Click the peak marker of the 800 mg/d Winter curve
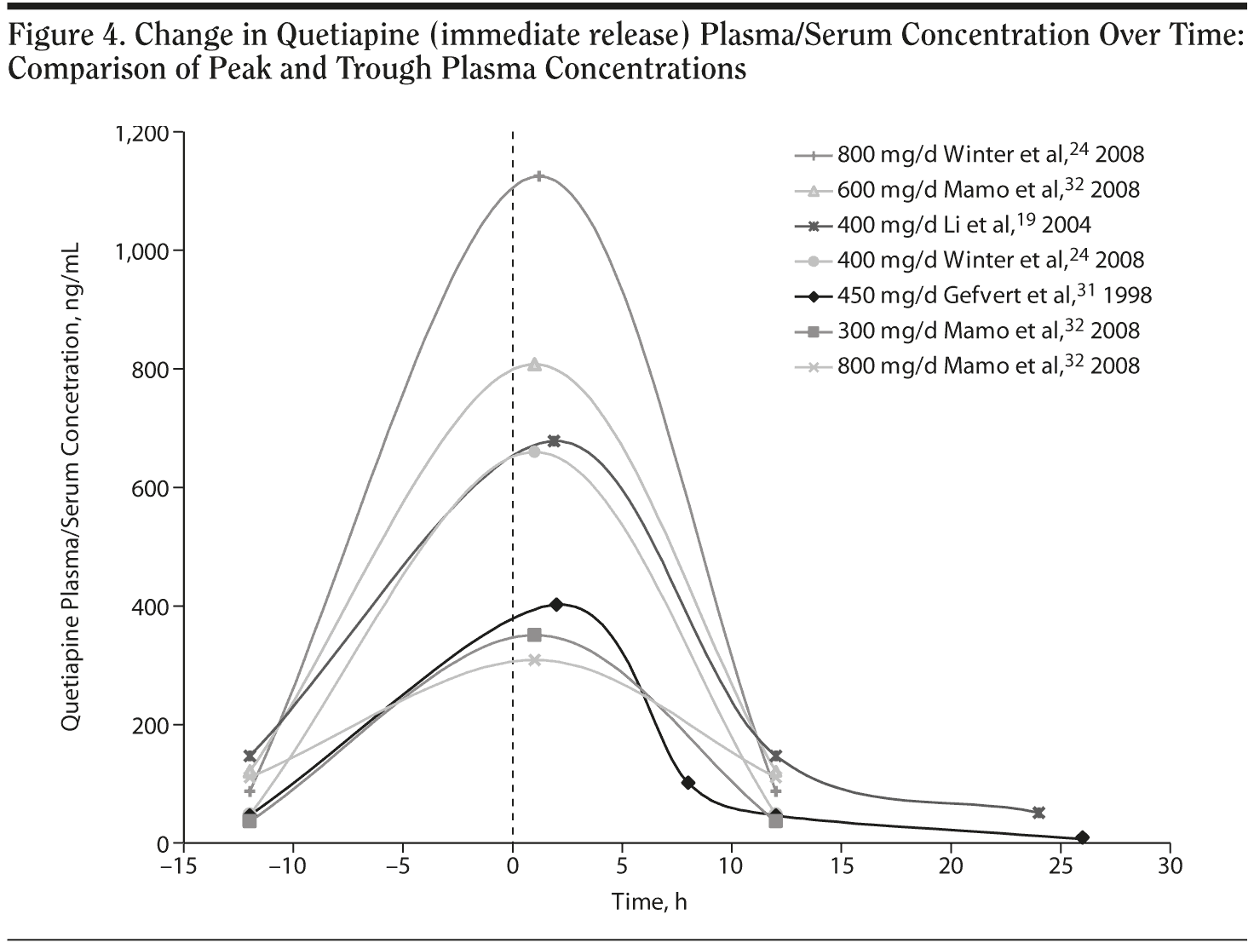[x=538, y=176]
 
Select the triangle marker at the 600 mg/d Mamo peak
[x=534, y=365]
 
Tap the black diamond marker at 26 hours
[x=1082, y=837]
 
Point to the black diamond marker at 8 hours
[x=688, y=783]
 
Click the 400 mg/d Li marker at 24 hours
[x=1038, y=813]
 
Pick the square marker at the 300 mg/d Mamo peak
[x=534, y=635]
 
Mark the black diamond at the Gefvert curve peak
[x=556, y=604]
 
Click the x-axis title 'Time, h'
[x=648, y=902]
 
